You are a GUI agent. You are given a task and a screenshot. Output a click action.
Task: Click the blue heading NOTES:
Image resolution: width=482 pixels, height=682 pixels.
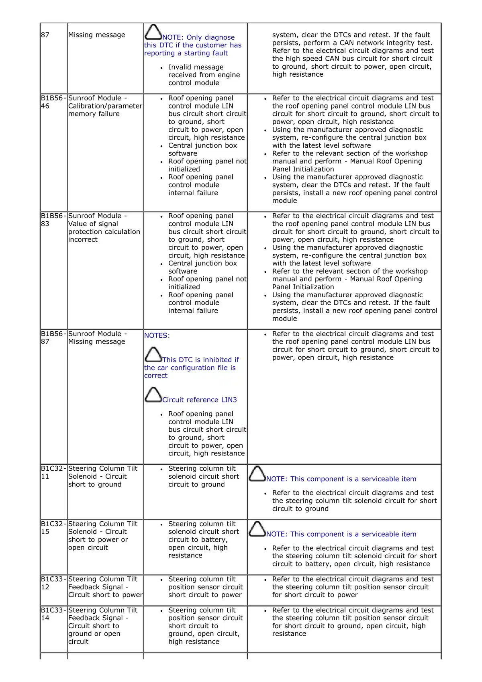point(157,335)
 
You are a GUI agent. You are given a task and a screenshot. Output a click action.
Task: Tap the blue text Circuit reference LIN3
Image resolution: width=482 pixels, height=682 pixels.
point(200,400)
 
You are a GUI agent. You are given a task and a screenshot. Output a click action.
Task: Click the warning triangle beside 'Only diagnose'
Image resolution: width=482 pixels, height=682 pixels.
point(153,32)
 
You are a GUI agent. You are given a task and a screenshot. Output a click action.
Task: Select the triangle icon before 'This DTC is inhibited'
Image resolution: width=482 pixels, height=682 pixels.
point(153,355)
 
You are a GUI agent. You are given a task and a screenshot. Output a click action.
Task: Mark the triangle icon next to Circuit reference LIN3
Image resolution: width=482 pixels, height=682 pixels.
point(153,395)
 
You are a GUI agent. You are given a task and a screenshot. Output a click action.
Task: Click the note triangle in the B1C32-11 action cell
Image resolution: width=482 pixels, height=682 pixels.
point(257,474)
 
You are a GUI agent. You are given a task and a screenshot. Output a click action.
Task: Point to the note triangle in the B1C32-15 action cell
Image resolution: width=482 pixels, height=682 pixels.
point(257,529)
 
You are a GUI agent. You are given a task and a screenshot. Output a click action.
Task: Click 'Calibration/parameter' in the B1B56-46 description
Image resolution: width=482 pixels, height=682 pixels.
point(105,106)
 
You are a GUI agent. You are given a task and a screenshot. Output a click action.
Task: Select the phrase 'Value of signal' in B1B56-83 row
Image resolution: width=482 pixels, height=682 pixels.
point(93,224)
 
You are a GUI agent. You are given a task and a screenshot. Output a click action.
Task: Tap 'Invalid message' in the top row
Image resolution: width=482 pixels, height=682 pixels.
point(196,67)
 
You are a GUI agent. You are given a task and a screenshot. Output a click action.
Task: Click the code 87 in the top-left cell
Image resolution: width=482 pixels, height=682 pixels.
point(45,35)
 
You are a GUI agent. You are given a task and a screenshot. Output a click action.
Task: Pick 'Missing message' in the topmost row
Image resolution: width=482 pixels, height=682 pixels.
point(97,35)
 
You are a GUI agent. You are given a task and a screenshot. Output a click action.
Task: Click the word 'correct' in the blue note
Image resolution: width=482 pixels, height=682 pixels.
point(156,376)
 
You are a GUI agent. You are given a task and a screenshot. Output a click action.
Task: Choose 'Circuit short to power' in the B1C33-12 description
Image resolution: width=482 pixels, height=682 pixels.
point(105,595)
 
